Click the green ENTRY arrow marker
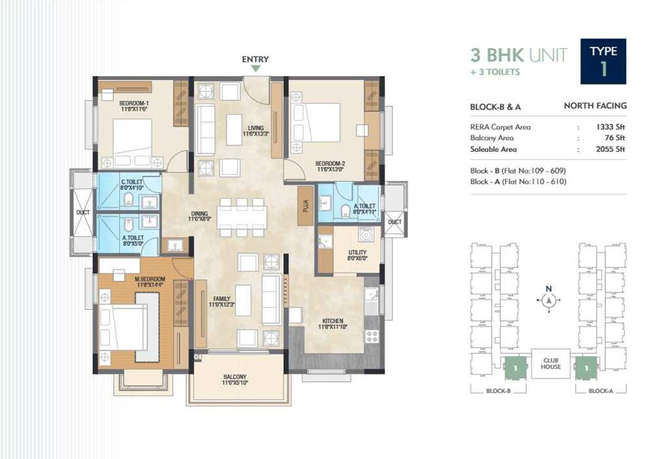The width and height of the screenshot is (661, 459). tap(256, 68)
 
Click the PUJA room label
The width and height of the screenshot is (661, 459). tap(305, 205)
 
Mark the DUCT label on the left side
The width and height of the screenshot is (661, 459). tap(83, 212)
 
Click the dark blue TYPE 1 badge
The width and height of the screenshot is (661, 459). tap(603, 62)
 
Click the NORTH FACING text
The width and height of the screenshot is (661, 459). tap(595, 106)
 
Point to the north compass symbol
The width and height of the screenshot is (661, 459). tap(550, 299)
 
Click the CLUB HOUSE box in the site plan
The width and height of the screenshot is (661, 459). tap(551, 363)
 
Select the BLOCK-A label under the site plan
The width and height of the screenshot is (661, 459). tap(600, 391)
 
